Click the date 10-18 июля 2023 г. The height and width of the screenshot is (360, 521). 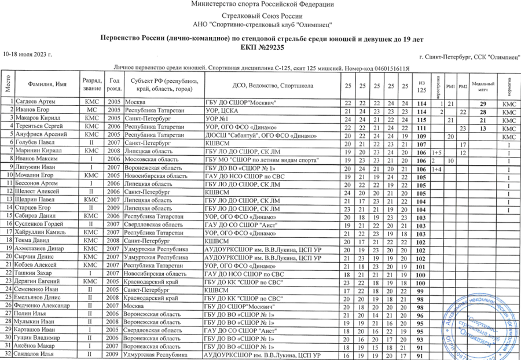(x=28, y=54)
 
